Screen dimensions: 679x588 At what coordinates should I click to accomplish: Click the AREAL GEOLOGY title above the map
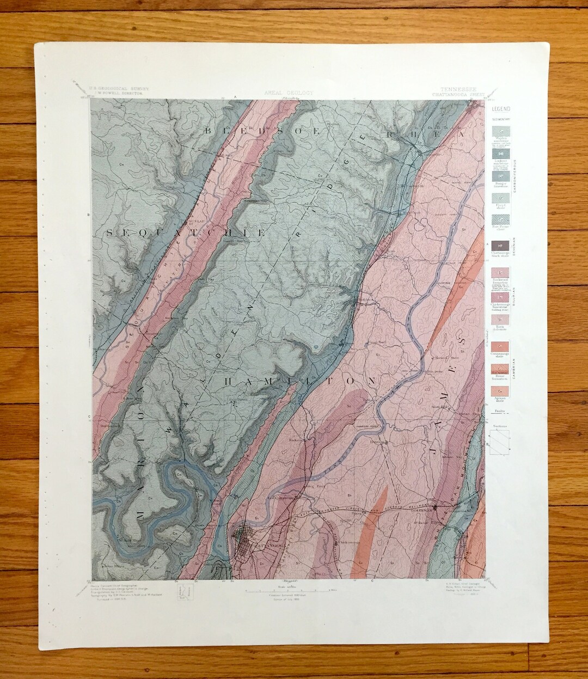288,93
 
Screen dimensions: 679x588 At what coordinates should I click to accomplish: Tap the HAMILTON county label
300,381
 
